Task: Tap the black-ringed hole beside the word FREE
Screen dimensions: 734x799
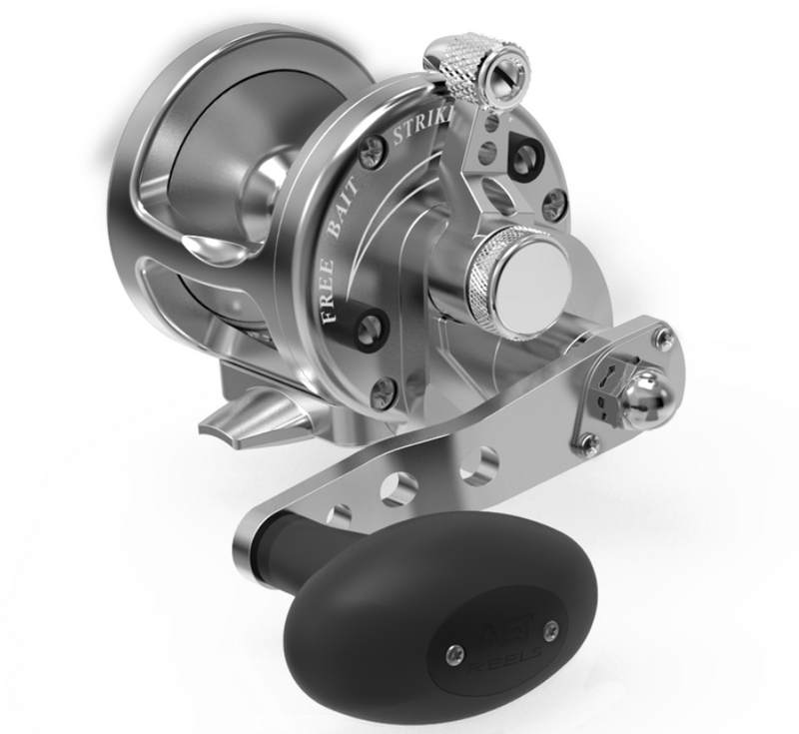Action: pos(374,325)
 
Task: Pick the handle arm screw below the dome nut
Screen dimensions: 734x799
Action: pos(589,441)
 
